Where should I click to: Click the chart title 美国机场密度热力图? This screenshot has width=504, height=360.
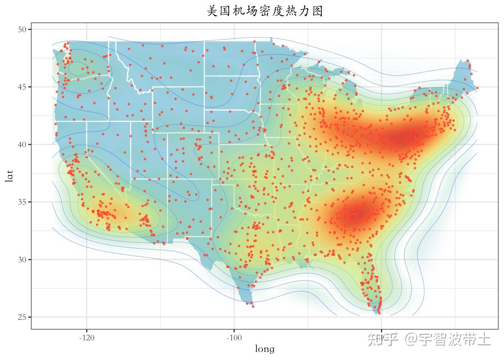click(265, 11)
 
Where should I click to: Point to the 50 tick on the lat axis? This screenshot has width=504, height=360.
click(22, 29)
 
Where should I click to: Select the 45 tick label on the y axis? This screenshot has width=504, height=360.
click(22, 87)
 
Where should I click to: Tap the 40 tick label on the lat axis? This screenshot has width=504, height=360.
click(22, 144)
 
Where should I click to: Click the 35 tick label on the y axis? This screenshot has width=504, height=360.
click(22, 202)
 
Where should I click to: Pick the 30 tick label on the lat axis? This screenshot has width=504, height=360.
click(22, 259)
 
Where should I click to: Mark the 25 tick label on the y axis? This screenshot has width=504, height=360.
click(22, 317)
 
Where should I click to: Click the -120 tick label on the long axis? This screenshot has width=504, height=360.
click(87, 337)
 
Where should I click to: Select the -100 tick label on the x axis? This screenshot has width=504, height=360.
click(234, 337)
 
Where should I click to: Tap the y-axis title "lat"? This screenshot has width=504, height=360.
click(9, 175)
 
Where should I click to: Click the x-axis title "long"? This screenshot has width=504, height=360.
click(264, 349)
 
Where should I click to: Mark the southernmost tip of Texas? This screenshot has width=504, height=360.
click(252, 304)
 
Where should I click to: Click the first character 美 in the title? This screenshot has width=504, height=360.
click(213, 11)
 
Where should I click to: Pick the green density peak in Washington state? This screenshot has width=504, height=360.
click(77, 68)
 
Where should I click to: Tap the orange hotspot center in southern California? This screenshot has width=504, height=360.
click(112, 213)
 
